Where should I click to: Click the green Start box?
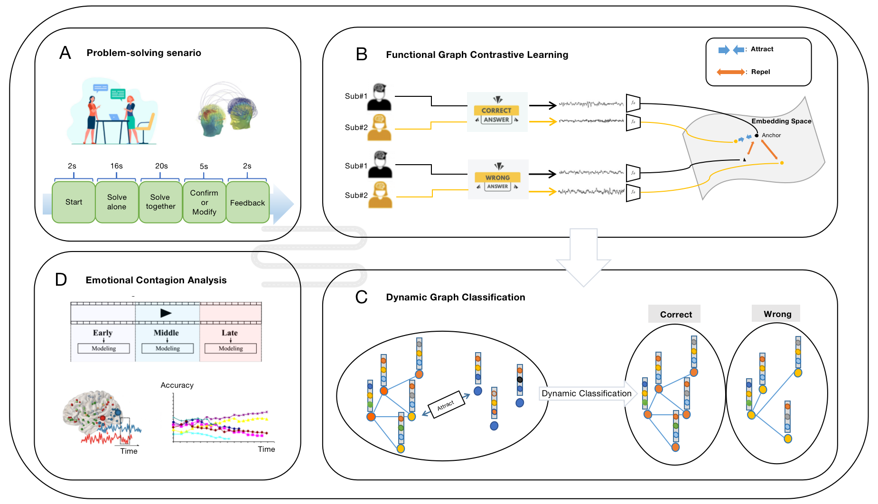(x=74, y=202)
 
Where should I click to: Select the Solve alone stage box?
(x=117, y=202)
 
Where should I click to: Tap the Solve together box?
(x=160, y=202)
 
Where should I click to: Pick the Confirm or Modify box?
(x=204, y=202)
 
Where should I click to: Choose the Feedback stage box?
(x=247, y=203)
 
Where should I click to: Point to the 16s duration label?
(x=117, y=166)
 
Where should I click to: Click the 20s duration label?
(x=161, y=166)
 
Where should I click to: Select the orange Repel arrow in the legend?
(x=730, y=72)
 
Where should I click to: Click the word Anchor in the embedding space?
(x=771, y=135)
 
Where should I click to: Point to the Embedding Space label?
(x=781, y=121)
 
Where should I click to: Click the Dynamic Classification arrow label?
(x=587, y=393)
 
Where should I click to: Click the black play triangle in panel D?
(x=166, y=313)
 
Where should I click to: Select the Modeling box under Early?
(x=103, y=348)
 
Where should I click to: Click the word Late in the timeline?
(x=230, y=333)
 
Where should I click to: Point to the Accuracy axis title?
(x=177, y=385)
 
